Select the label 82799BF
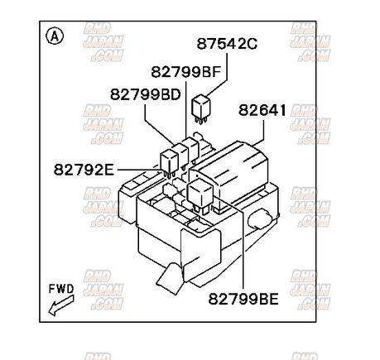point(185,72)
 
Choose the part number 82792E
point(83,170)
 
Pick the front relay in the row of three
point(168,161)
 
